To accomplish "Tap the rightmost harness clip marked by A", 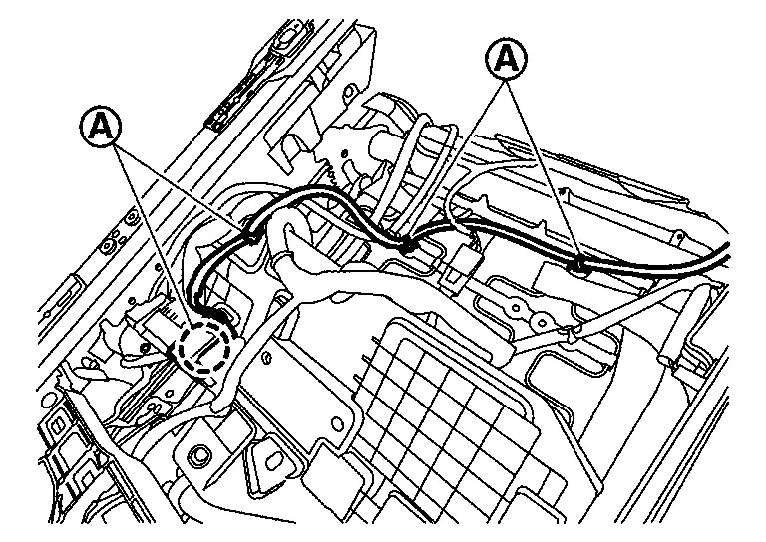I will pos(577,265).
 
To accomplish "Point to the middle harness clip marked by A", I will pos(408,241).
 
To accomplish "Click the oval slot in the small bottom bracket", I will pos(269,462).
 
